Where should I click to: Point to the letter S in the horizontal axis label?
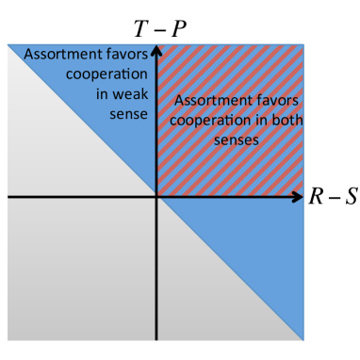351,197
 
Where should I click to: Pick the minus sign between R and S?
334,197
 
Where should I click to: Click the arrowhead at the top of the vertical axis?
155,47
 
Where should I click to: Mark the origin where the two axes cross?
155,197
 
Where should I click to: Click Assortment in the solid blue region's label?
57,55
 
